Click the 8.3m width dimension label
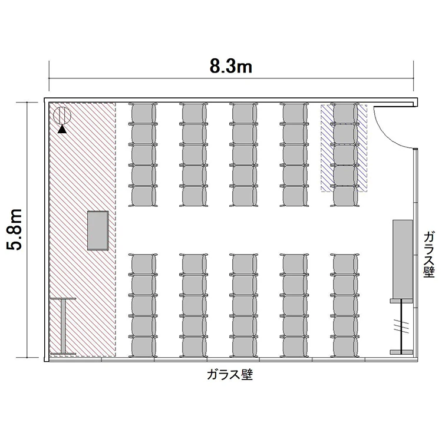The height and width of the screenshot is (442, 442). pyautogui.click(x=231, y=67)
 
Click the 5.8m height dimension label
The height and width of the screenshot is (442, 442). pyautogui.click(x=14, y=229)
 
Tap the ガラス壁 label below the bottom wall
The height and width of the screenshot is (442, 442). pyautogui.click(x=230, y=375)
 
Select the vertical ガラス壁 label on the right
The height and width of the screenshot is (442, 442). pyautogui.click(x=429, y=254)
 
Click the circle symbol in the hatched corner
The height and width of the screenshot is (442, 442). pyautogui.click(x=62, y=116)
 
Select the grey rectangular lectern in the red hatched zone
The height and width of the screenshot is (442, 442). pyautogui.click(x=98, y=230)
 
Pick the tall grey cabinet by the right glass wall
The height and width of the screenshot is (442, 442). pyautogui.click(x=403, y=259)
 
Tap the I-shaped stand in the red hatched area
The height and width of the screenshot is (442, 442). pyautogui.click(x=63, y=326)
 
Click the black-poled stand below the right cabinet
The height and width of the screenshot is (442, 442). pyautogui.click(x=401, y=326)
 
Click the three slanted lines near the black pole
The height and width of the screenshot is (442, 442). pyautogui.click(x=401, y=326)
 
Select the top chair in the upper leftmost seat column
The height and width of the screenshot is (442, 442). pyautogui.click(x=143, y=114)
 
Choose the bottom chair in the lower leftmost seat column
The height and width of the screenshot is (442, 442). pyautogui.click(x=143, y=347)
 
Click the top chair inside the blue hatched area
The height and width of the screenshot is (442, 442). pyautogui.click(x=345, y=114)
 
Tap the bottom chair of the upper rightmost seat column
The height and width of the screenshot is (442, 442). pyautogui.click(x=345, y=196)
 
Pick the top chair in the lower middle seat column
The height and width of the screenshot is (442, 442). pyautogui.click(x=243, y=264)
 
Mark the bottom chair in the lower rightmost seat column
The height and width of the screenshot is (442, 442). pyautogui.click(x=345, y=347)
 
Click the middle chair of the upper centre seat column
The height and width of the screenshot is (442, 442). pyautogui.click(x=243, y=155)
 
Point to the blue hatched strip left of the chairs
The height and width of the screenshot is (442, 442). pyautogui.click(x=327, y=149)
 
